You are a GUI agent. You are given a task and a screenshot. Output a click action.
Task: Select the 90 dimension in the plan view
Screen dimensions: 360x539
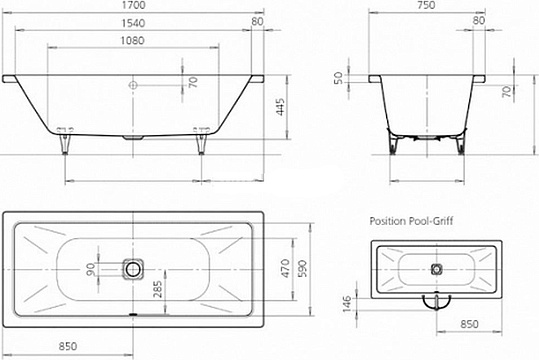(89, 269)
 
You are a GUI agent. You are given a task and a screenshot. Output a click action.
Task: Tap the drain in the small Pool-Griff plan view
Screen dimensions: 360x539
(437, 269)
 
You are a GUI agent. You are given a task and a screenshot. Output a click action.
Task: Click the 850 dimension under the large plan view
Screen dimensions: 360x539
(67, 346)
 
